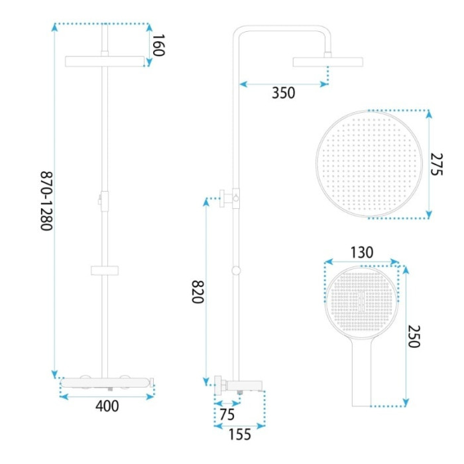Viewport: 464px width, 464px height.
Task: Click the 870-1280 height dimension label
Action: [x=46, y=201]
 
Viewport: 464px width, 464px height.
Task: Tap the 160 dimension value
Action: [x=158, y=45]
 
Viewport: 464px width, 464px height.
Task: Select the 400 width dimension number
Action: [x=107, y=406]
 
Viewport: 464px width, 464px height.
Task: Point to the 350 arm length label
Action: [x=284, y=93]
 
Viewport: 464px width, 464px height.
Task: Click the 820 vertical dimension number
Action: [x=198, y=292]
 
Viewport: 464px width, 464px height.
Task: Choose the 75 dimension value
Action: [x=227, y=414]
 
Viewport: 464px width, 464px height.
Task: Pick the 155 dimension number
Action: [x=240, y=434]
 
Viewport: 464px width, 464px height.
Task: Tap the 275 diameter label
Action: [x=436, y=164]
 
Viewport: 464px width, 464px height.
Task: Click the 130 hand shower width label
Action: [x=362, y=253]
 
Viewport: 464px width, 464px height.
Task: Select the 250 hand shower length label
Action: [x=414, y=337]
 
